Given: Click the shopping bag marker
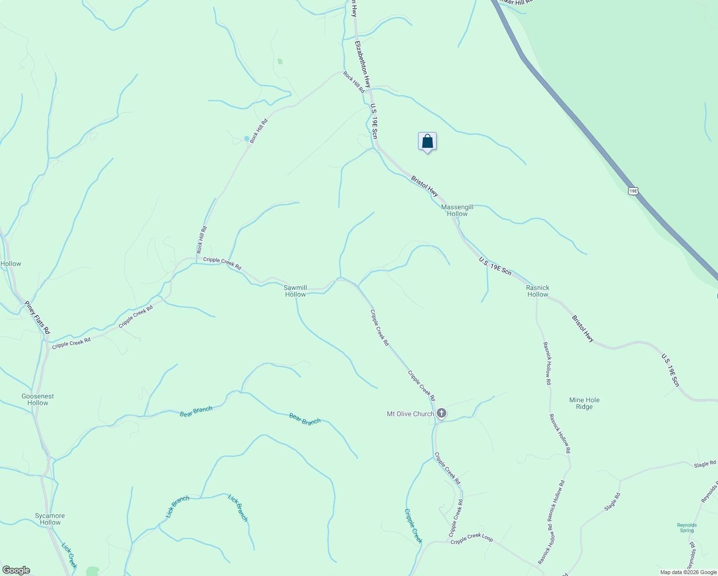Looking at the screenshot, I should [427, 142].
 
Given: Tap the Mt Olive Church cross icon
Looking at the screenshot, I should [442, 413].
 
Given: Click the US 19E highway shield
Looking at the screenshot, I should [633, 191].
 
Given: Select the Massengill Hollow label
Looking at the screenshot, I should [457, 210].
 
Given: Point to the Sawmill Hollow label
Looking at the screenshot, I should [296, 291].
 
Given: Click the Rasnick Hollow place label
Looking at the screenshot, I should [538, 291].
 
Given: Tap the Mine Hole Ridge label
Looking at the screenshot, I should [584, 403].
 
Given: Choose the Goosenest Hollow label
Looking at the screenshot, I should [38, 399].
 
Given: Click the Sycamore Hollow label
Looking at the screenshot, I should [50, 519].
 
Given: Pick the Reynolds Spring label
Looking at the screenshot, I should [687, 528].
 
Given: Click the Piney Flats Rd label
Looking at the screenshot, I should [37, 317].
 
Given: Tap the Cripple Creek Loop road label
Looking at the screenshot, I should [472, 539].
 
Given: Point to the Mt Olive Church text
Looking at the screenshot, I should [410, 414].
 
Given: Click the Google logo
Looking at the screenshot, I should [15, 570].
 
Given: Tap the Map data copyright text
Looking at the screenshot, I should [688, 572].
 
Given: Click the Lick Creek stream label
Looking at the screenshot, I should [69, 555].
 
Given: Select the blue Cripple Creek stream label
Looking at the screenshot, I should [413, 526].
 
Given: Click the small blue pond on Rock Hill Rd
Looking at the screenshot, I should [247, 138].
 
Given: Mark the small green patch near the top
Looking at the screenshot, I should [280, 61].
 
